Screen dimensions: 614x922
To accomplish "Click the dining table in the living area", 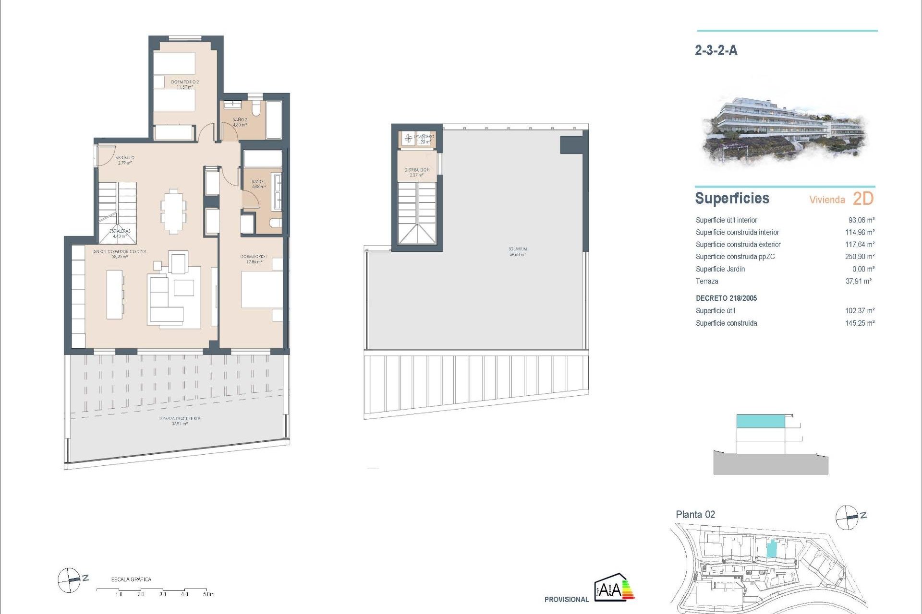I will pos(173,212).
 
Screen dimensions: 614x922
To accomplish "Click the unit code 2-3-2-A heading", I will pos(716,50).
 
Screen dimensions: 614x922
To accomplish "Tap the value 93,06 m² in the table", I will pos(861,220).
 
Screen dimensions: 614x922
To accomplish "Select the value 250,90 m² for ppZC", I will pos(860,257).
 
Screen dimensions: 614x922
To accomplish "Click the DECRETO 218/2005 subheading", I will pos(726,298).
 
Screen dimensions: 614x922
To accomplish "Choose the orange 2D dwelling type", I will pos(863,199).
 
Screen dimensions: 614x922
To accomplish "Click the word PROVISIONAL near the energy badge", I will pos(566,600).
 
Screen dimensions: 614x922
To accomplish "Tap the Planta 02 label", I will pos(695,515).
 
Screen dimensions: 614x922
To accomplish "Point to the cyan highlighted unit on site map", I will pos(771,549).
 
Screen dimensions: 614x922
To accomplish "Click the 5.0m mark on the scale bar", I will pos(208,594).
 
